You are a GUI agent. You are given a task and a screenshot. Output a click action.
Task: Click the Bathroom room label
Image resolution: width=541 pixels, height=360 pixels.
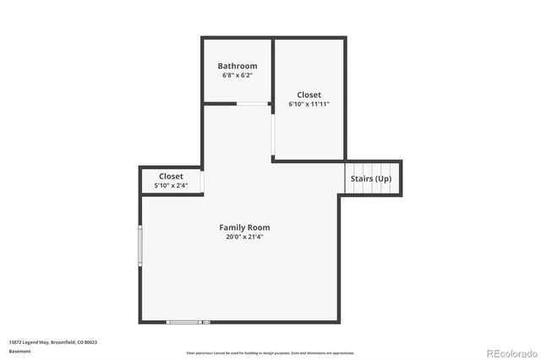tap(237, 66)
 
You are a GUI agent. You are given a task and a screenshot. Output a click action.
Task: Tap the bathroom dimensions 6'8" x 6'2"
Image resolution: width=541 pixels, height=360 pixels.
tap(237, 76)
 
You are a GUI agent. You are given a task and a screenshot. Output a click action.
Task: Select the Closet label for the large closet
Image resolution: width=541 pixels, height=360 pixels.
tap(309, 95)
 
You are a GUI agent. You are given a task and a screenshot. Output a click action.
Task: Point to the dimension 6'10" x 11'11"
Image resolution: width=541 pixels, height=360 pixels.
tap(309, 105)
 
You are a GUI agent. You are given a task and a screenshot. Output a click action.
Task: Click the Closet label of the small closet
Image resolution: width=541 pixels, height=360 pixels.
tap(171, 176)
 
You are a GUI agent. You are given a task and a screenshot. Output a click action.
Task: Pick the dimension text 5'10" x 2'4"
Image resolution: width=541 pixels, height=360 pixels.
tap(171, 185)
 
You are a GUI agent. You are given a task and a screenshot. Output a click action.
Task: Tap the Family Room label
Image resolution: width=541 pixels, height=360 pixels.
tap(244, 227)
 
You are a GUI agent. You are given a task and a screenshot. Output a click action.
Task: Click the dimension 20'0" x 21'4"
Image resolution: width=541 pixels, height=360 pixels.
tap(244, 237)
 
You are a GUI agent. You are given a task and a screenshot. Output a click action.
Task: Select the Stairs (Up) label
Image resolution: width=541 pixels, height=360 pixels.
tap(370, 179)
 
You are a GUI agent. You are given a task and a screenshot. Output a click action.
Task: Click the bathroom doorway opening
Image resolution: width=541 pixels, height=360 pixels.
tap(252, 104)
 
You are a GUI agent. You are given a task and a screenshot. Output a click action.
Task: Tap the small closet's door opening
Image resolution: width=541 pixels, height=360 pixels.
tap(203, 181)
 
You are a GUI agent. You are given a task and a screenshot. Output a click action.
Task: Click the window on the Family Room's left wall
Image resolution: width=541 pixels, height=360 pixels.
tap(140, 246)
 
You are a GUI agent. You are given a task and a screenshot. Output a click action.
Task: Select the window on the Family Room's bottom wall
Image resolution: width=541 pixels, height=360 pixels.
tap(189, 322)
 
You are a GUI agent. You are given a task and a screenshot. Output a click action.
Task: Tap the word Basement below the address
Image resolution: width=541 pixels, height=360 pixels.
tap(19, 351)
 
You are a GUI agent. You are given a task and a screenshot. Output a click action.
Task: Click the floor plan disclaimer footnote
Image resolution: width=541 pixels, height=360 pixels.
tap(270, 352)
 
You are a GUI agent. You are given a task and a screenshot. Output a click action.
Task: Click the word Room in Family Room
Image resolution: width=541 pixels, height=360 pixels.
tap(259, 227)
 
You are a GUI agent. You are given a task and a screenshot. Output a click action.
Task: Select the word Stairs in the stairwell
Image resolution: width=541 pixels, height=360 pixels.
tap(362, 179)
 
